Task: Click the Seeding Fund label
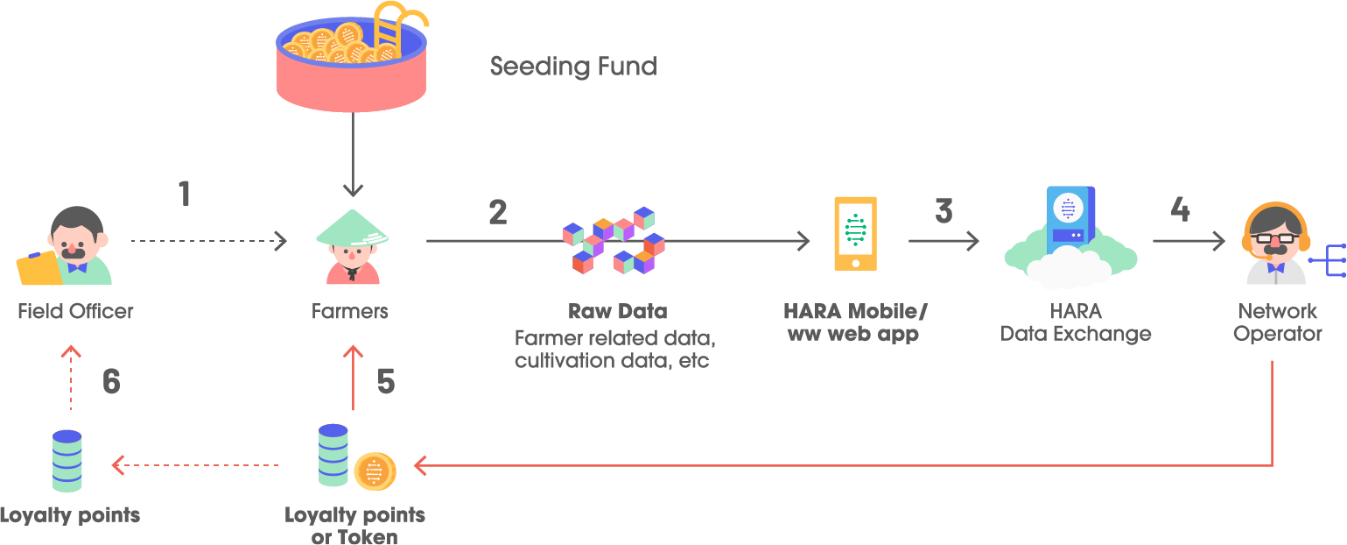[572, 67]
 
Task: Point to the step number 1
[185, 194]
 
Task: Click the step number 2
[498, 212]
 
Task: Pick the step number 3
[944, 211]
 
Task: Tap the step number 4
[1180, 209]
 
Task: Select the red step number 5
[386, 382]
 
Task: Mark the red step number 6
[111, 382]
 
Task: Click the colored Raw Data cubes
[614, 240]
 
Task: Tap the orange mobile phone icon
[855, 233]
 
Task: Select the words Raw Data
[617, 311]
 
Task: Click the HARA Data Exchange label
[1076, 322]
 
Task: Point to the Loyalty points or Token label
[354, 526]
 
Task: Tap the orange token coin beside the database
[375, 471]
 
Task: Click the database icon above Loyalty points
[67, 461]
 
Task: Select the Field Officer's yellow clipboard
[39, 268]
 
